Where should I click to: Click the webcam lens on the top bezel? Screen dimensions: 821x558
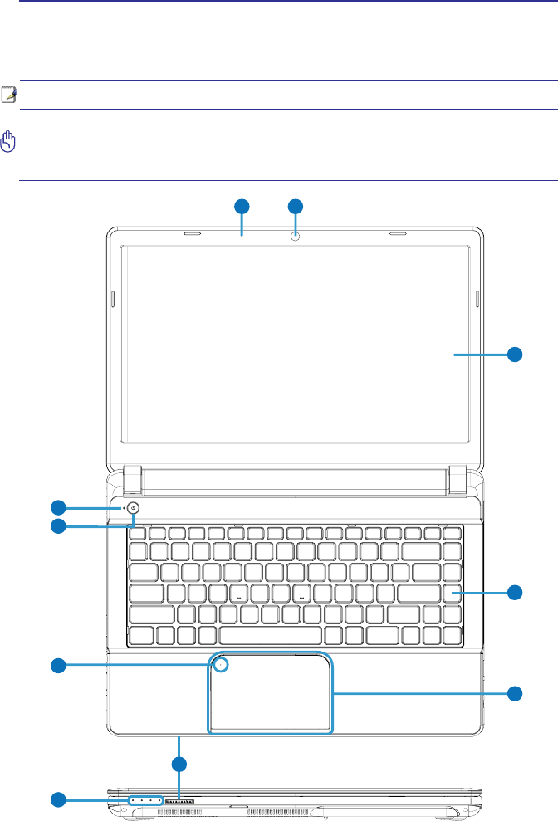click(296, 237)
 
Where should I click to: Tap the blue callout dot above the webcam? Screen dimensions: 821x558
click(296, 206)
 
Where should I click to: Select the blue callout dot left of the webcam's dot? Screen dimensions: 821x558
click(241, 206)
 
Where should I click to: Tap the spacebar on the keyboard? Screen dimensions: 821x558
click(270, 635)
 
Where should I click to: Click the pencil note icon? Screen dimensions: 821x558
click(8, 94)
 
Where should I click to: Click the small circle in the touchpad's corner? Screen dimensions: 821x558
click(221, 664)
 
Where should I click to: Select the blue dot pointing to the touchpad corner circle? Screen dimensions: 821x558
click(58, 664)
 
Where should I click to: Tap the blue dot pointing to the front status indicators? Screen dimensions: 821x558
click(58, 800)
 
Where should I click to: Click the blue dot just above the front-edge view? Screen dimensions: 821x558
click(179, 763)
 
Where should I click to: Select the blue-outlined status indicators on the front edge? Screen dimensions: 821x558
click(145, 802)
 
